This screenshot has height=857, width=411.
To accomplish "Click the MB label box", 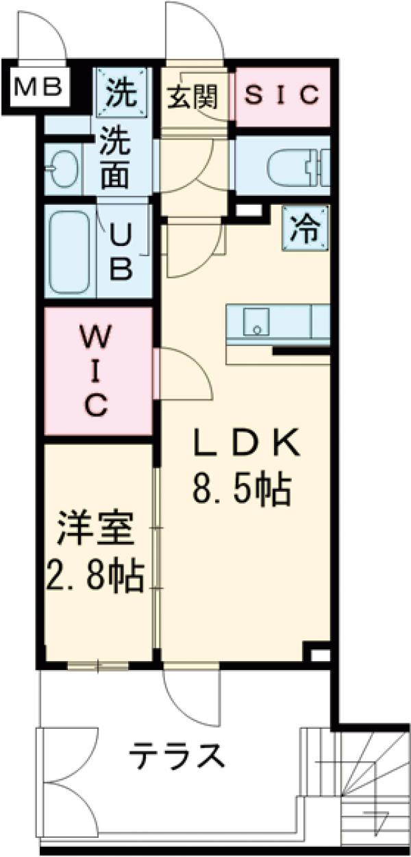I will pyautogui.click(x=38, y=87).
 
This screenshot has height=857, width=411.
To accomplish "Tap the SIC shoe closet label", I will pyautogui.click(x=282, y=95).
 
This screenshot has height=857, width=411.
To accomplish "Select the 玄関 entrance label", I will pyautogui.click(x=192, y=97).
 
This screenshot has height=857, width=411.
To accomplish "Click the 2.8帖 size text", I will pyautogui.click(x=96, y=577).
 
